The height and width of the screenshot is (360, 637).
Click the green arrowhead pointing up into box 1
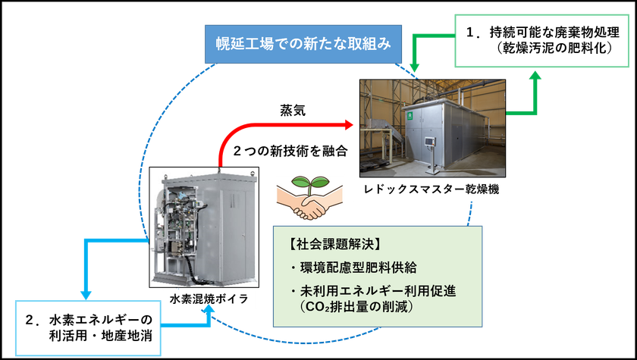click(535, 77)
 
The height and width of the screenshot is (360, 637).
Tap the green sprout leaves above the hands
click(309, 184)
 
